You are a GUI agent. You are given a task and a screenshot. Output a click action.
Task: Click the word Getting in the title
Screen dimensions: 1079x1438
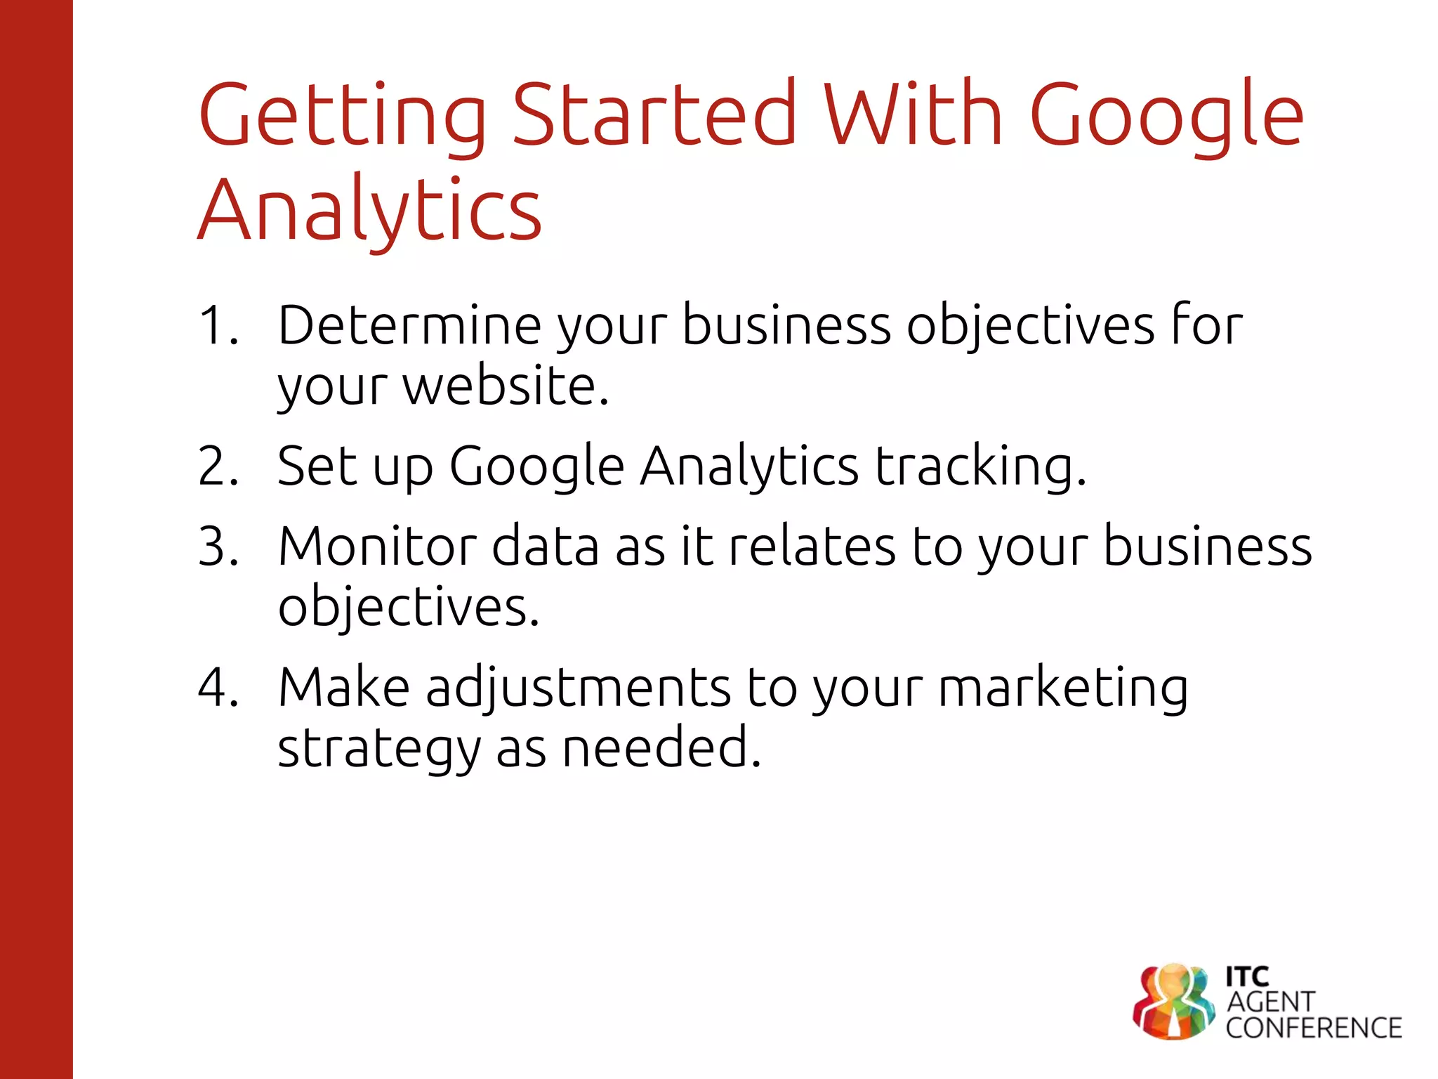click(343, 116)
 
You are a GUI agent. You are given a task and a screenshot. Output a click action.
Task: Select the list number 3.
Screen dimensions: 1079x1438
click(218, 546)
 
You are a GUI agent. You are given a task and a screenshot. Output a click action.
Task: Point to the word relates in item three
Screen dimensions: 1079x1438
click(812, 546)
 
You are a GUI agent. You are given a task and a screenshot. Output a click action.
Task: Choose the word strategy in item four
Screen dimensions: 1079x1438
click(379, 749)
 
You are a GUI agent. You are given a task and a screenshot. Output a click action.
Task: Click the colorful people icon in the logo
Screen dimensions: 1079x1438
click(1173, 1001)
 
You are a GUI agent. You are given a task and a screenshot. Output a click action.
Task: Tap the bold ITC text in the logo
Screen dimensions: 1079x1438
click(1247, 976)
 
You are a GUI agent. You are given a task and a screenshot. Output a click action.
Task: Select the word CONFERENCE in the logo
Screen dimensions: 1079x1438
click(1314, 1028)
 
